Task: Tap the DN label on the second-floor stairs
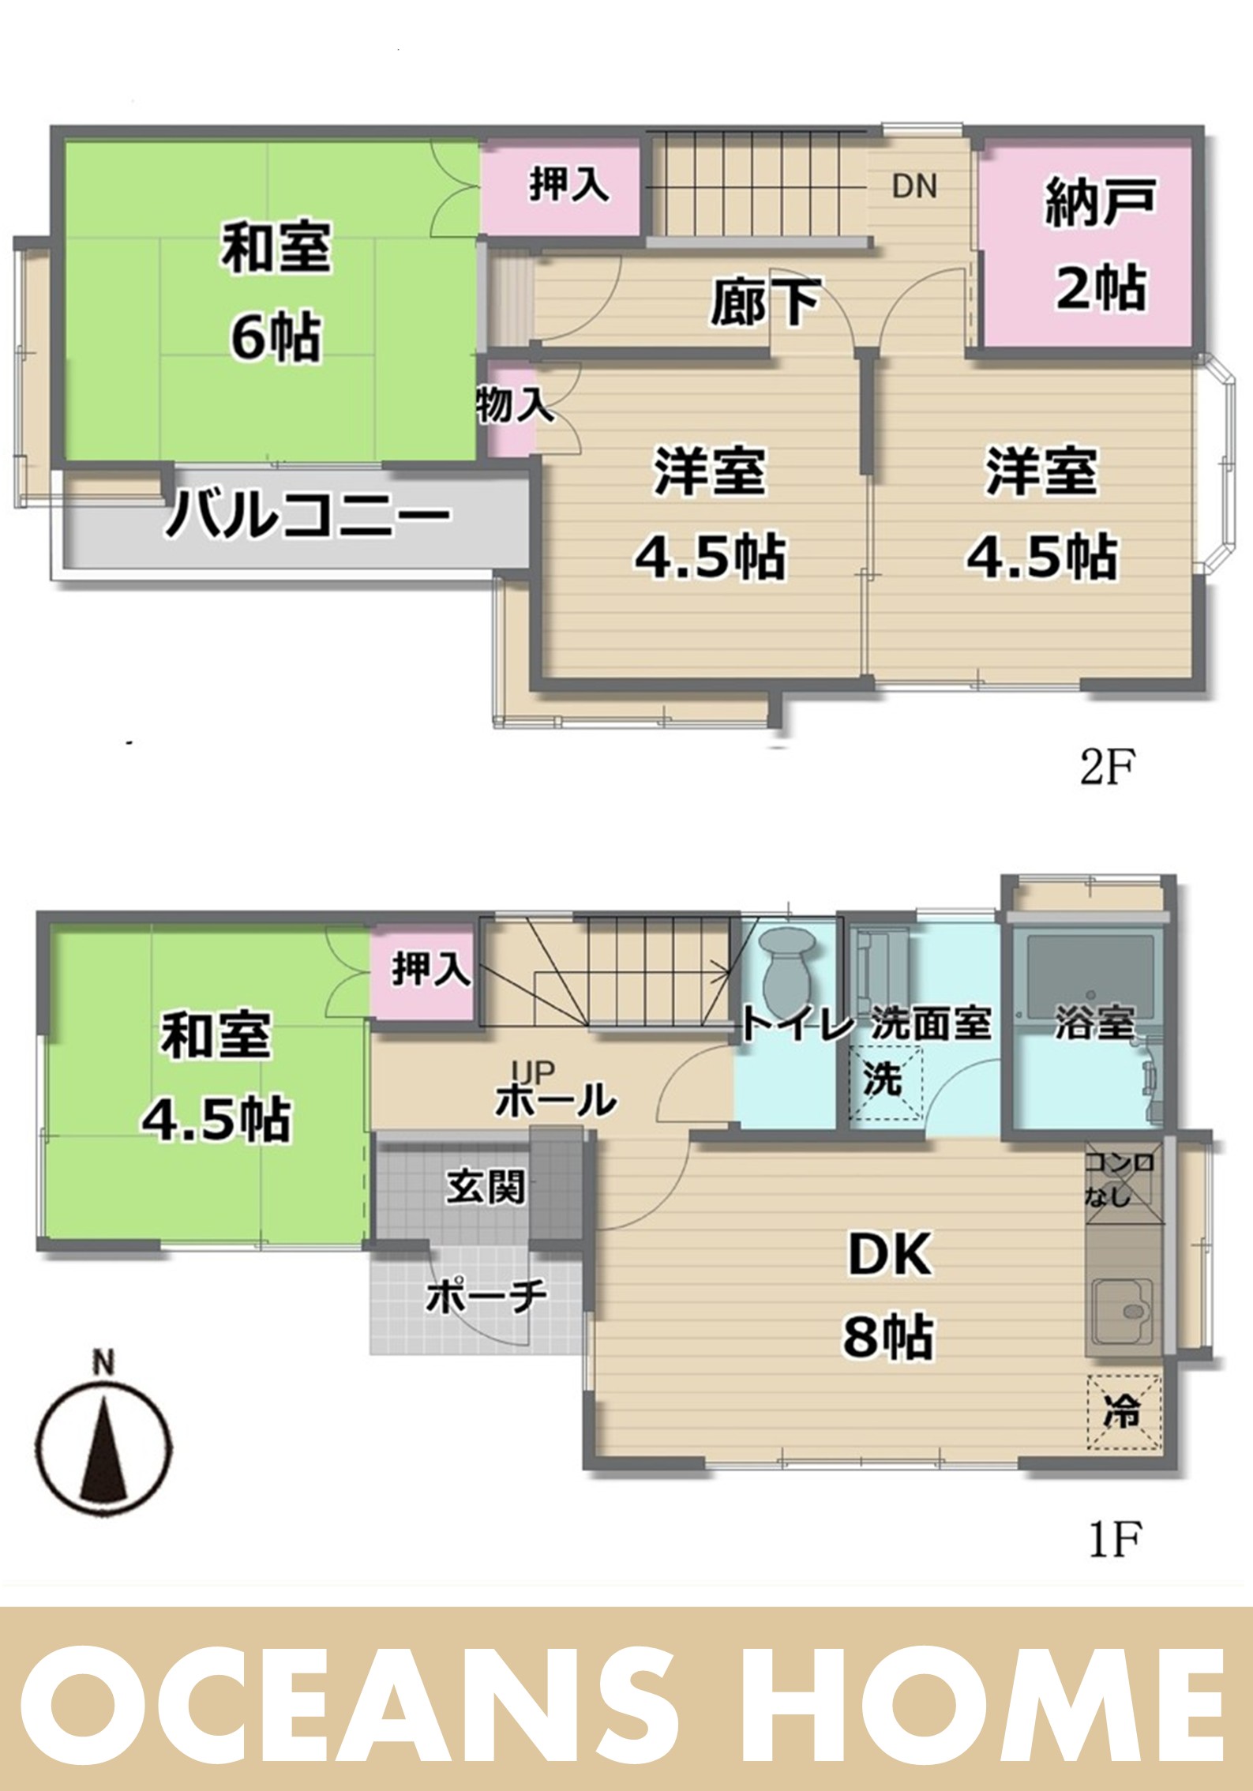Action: point(914,186)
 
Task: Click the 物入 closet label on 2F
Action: point(514,407)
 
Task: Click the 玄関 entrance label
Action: point(486,1186)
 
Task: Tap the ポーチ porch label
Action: point(486,1296)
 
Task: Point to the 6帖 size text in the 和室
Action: point(276,338)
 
